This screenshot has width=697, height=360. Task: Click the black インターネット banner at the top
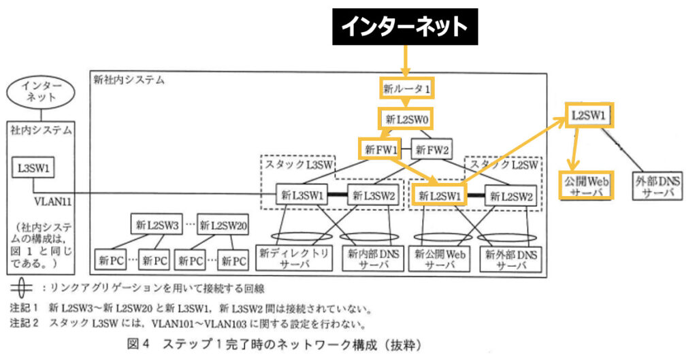point(404,27)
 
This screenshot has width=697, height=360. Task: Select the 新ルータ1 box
point(406,88)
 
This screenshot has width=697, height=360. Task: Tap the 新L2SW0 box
point(406,119)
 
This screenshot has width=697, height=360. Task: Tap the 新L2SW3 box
point(157,225)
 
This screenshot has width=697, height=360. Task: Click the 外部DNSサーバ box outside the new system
point(656,186)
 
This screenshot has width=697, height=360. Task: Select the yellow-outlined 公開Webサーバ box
point(586,186)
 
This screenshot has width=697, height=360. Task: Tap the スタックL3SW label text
point(298,164)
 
